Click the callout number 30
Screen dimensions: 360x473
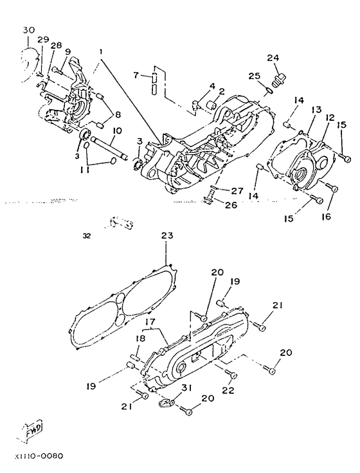29,30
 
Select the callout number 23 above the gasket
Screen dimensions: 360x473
167,235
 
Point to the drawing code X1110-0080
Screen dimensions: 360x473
39,456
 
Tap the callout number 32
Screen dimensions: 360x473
86,236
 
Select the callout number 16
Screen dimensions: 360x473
326,217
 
